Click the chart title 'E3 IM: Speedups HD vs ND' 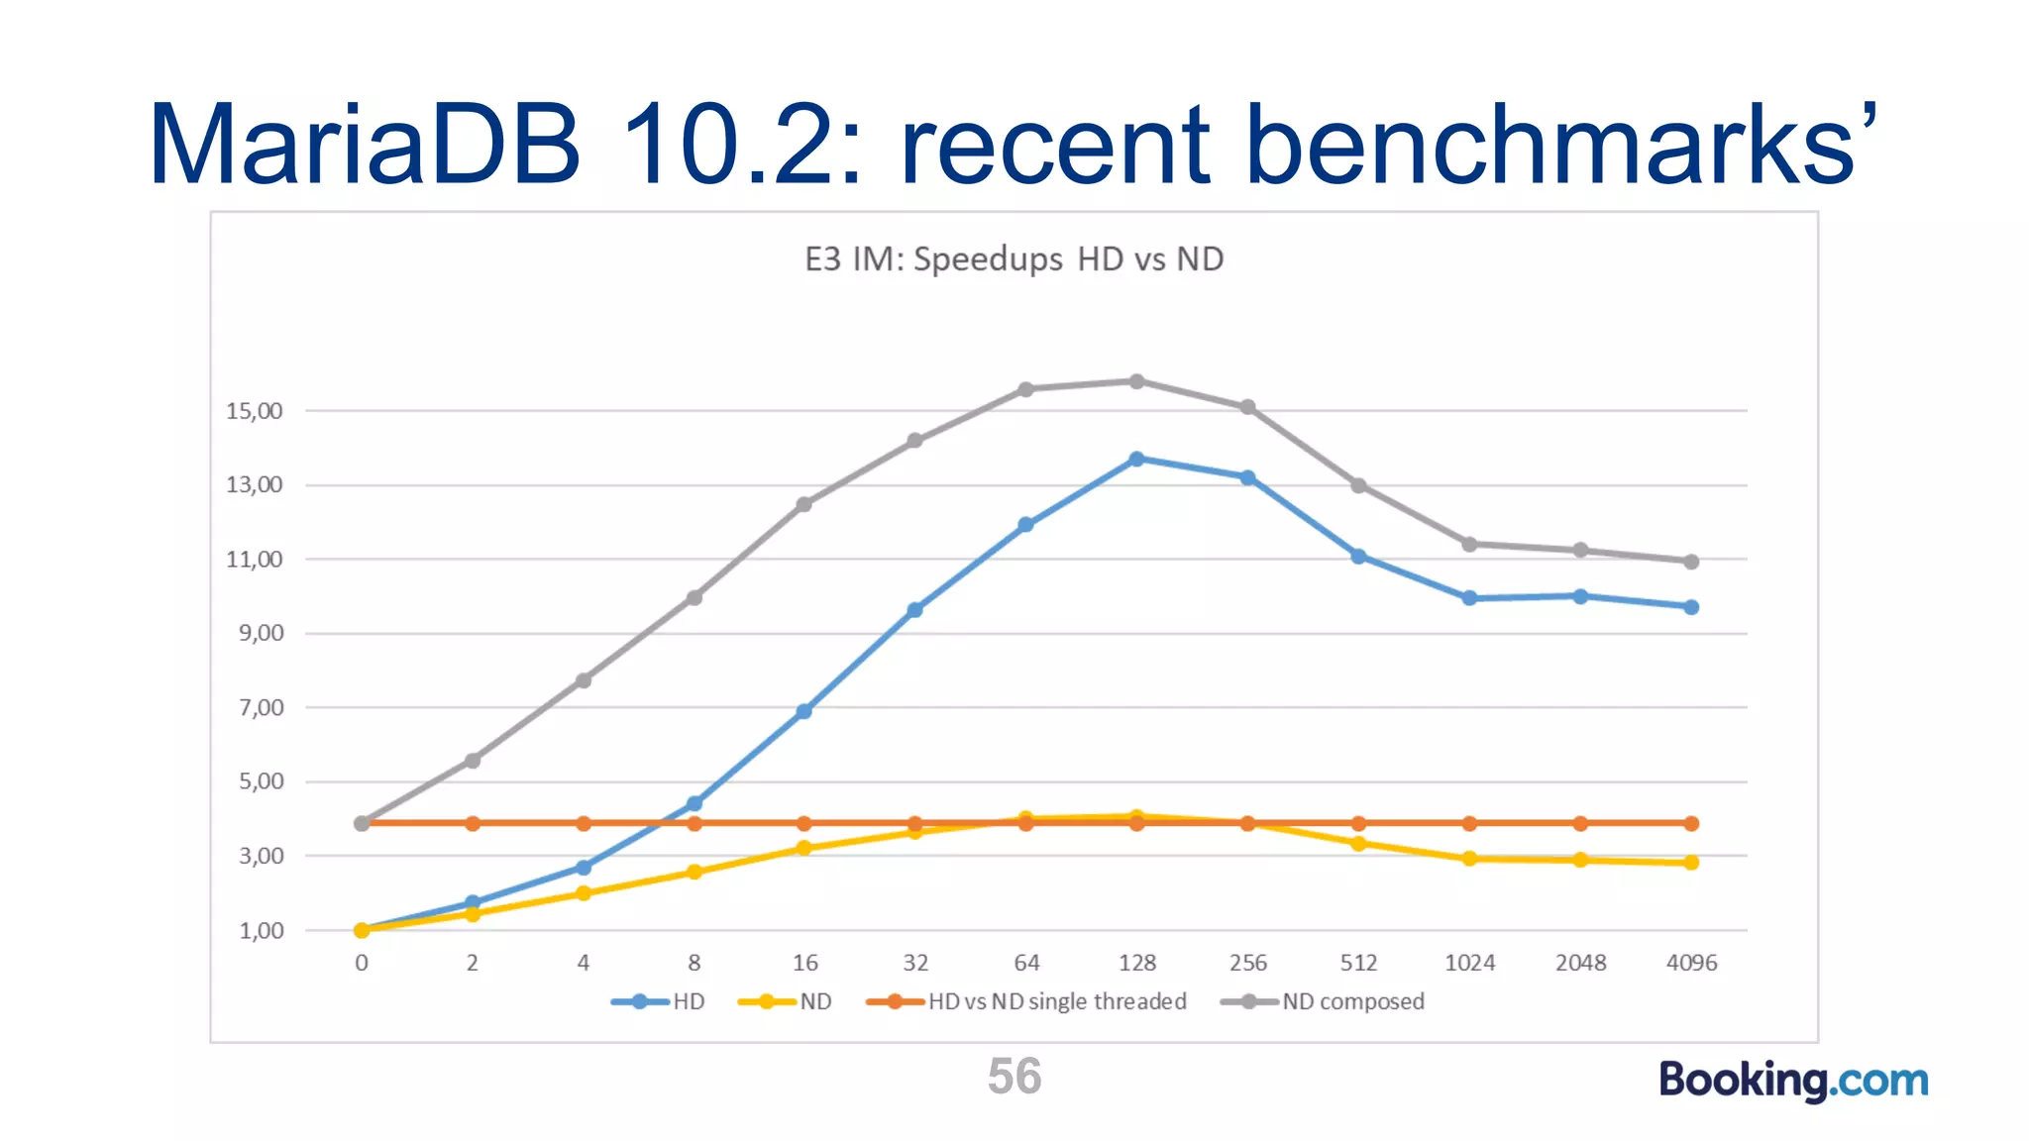pyautogui.click(x=1014, y=259)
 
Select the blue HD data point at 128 pyautogui.click(x=1136, y=460)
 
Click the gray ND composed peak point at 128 pyautogui.click(x=1136, y=381)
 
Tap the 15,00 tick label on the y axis pyautogui.click(x=255, y=411)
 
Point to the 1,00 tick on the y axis pyautogui.click(x=262, y=931)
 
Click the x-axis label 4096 pyautogui.click(x=1691, y=963)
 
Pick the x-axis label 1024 pyautogui.click(x=1469, y=963)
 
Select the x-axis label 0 pyautogui.click(x=362, y=963)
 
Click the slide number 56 pyautogui.click(x=1014, y=1077)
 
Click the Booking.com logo pyautogui.click(x=1793, y=1080)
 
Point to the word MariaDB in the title pyautogui.click(x=365, y=146)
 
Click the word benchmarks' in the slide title pyautogui.click(x=1560, y=146)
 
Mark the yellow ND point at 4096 pyautogui.click(x=1691, y=863)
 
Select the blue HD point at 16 pyautogui.click(x=803, y=711)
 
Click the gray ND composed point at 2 pyautogui.click(x=473, y=761)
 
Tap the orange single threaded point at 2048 pyautogui.click(x=1580, y=823)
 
